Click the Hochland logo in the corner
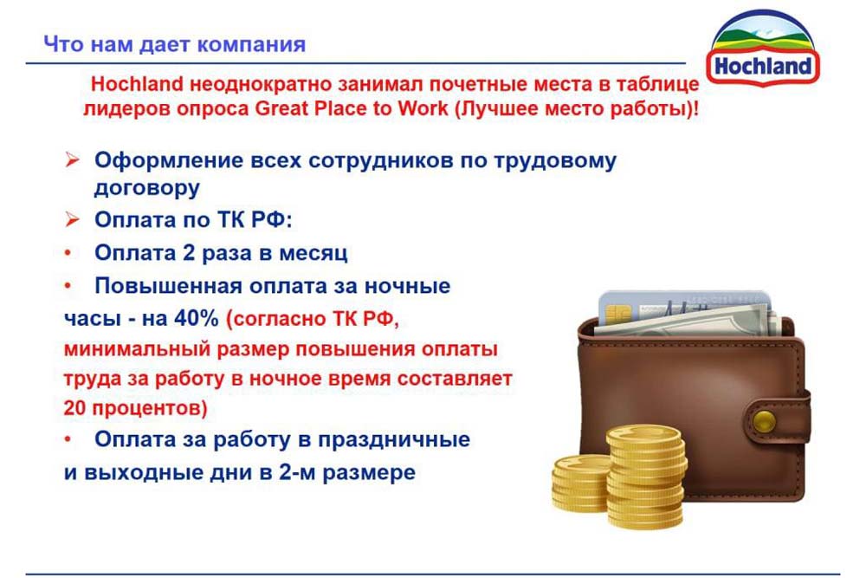tap(763, 49)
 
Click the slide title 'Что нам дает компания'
tap(175, 44)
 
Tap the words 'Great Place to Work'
tap(352, 109)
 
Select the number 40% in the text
tap(197, 318)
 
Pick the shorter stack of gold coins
tap(580, 483)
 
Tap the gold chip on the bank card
tap(618, 315)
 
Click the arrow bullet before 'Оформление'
tap(72, 160)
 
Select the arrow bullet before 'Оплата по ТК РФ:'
tap(72, 219)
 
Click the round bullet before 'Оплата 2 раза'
tap(68, 253)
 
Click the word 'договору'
tap(147, 188)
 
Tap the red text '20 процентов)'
tap(135, 408)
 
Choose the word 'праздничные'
tap(394, 440)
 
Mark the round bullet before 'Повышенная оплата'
tap(68, 286)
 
